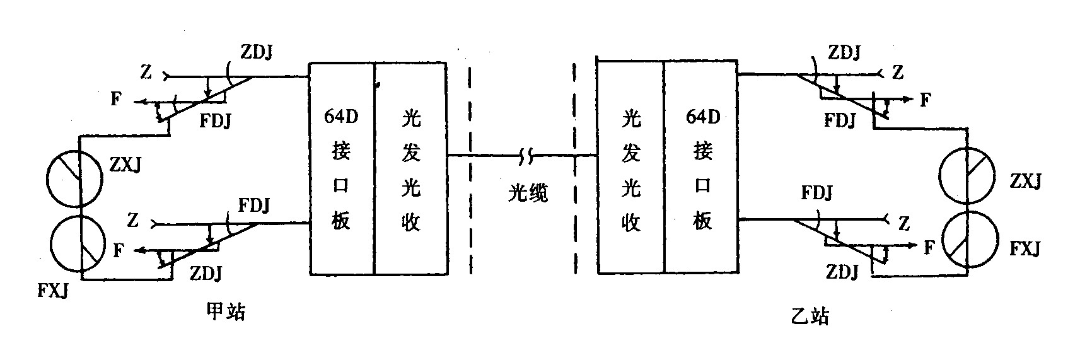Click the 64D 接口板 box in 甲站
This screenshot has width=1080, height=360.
[340, 168]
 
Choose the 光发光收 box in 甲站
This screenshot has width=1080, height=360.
[410, 168]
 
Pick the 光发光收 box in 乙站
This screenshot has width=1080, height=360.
[630, 168]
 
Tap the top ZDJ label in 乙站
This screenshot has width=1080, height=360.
[844, 53]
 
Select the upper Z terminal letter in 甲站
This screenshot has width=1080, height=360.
[146, 73]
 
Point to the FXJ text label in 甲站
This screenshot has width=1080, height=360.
[52, 291]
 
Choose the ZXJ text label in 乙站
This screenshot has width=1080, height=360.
[1026, 182]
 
